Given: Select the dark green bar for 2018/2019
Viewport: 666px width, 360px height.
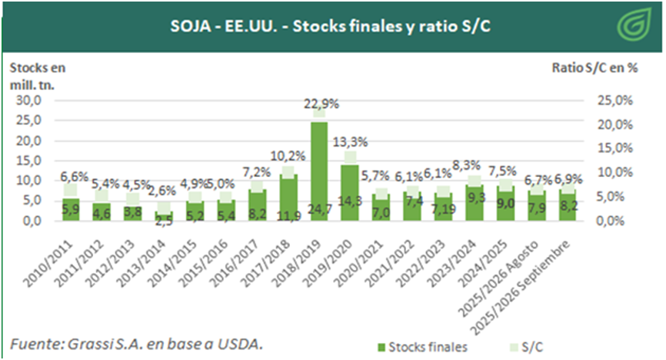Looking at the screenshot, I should pos(319,169).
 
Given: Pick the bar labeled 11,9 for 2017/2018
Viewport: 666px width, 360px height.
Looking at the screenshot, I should pos(288,197).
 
